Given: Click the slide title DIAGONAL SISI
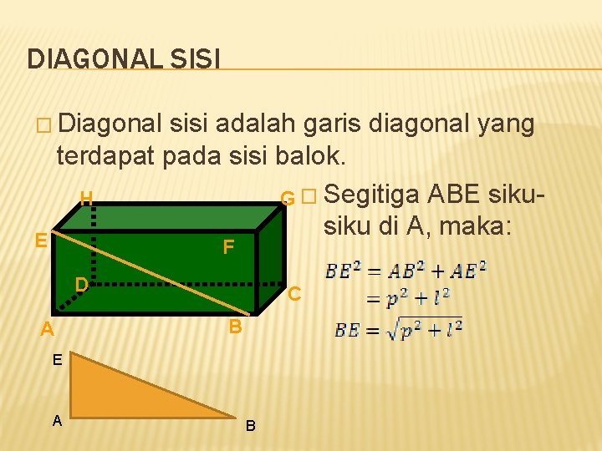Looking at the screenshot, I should pos(124,58).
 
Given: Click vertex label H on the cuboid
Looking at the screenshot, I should pos(85,199).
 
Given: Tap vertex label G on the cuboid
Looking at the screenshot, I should pos(287,199).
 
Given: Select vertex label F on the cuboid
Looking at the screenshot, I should pos(227,247).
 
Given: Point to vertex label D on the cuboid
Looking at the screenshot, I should pos(81,284).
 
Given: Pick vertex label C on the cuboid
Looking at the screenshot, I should pos(293,294).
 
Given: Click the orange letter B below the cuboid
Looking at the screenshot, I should pos(236,326).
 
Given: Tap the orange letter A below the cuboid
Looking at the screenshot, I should pos(48,331).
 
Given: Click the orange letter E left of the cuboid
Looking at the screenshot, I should pos(40,241).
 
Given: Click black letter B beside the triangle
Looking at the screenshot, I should pos(251,427).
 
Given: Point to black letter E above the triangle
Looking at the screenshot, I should pos(56,360).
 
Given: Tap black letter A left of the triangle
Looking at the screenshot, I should pos(57,421).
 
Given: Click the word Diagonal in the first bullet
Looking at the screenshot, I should pos(111,125).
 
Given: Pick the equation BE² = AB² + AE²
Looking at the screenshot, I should pos(406,271).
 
